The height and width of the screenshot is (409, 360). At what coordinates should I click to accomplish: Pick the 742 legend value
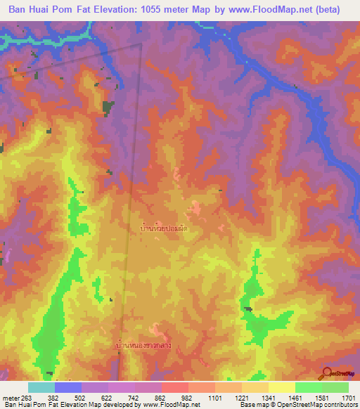[132, 397]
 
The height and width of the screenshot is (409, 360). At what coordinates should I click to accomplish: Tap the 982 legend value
[186, 397]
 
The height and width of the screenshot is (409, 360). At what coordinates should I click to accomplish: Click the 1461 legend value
[294, 397]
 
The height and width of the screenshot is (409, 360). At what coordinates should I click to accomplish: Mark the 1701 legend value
[347, 397]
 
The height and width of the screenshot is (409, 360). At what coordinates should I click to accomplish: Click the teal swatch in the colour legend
[41, 387]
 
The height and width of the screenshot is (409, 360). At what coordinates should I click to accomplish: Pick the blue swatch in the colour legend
[68, 387]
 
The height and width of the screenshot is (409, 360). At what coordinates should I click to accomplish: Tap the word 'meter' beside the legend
[10, 397]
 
